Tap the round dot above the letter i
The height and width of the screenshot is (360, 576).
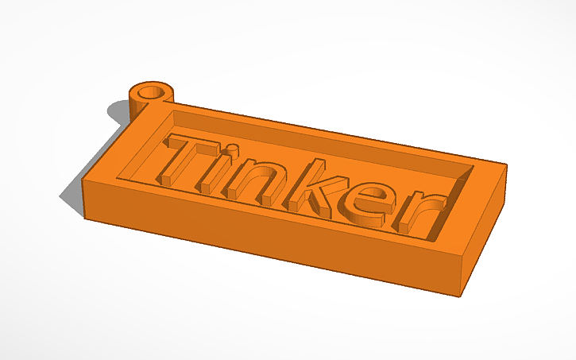232,149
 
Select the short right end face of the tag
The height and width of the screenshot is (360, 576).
485,230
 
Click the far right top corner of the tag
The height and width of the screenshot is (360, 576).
505,166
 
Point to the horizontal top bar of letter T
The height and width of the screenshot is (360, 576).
191,147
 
